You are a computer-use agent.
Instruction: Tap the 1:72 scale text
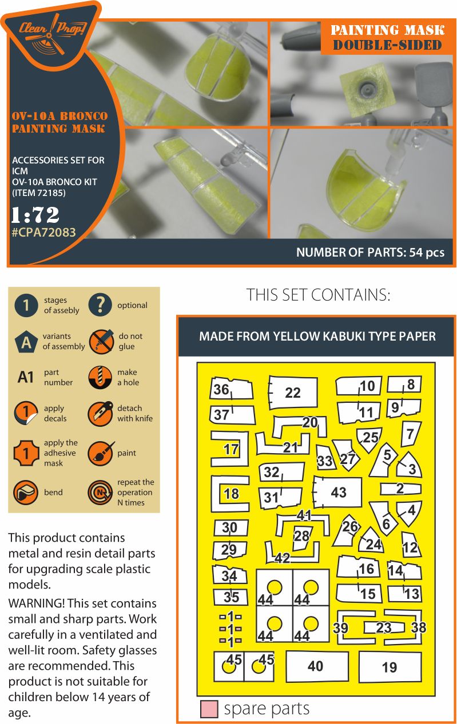click(x=35, y=215)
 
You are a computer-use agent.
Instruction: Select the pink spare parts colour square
click(x=209, y=709)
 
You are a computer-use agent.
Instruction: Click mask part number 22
click(x=292, y=393)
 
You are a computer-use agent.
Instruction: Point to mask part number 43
click(x=338, y=492)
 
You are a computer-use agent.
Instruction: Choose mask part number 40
click(x=315, y=666)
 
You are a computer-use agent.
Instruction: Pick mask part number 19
click(x=389, y=667)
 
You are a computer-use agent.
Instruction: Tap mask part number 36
click(x=221, y=390)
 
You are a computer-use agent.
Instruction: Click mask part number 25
click(x=370, y=438)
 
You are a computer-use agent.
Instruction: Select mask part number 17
click(x=231, y=450)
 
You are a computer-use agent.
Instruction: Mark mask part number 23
click(x=383, y=628)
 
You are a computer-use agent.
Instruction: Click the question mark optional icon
click(x=100, y=305)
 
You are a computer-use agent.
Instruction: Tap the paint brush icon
click(x=100, y=453)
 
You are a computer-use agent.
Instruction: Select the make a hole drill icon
click(x=100, y=378)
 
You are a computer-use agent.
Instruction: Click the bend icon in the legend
click(x=26, y=492)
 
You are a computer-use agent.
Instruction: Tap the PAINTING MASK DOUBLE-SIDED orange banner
click(x=388, y=38)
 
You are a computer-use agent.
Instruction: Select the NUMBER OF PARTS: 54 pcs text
click(x=369, y=253)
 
